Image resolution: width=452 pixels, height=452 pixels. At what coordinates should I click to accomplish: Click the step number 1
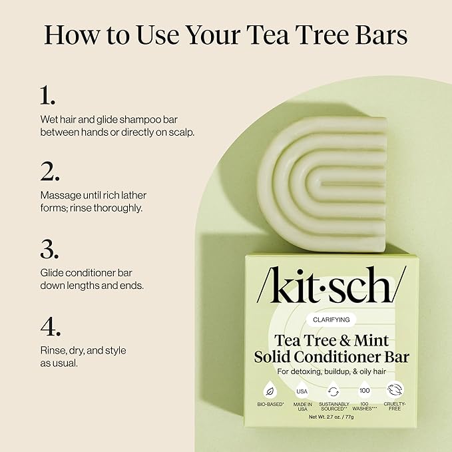click(x=47, y=95)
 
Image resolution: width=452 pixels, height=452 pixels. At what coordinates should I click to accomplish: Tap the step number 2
click(x=50, y=171)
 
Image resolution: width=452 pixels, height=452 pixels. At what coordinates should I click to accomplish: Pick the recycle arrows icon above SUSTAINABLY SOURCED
click(x=334, y=390)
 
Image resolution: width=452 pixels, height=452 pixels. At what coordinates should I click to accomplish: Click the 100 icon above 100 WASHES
click(x=364, y=389)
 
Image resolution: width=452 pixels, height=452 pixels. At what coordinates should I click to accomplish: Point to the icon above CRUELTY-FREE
click(x=395, y=389)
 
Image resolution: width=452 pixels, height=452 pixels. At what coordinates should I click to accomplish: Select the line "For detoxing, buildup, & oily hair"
click(x=331, y=371)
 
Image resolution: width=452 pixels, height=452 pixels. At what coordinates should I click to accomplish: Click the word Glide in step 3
click(x=52, y=273)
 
